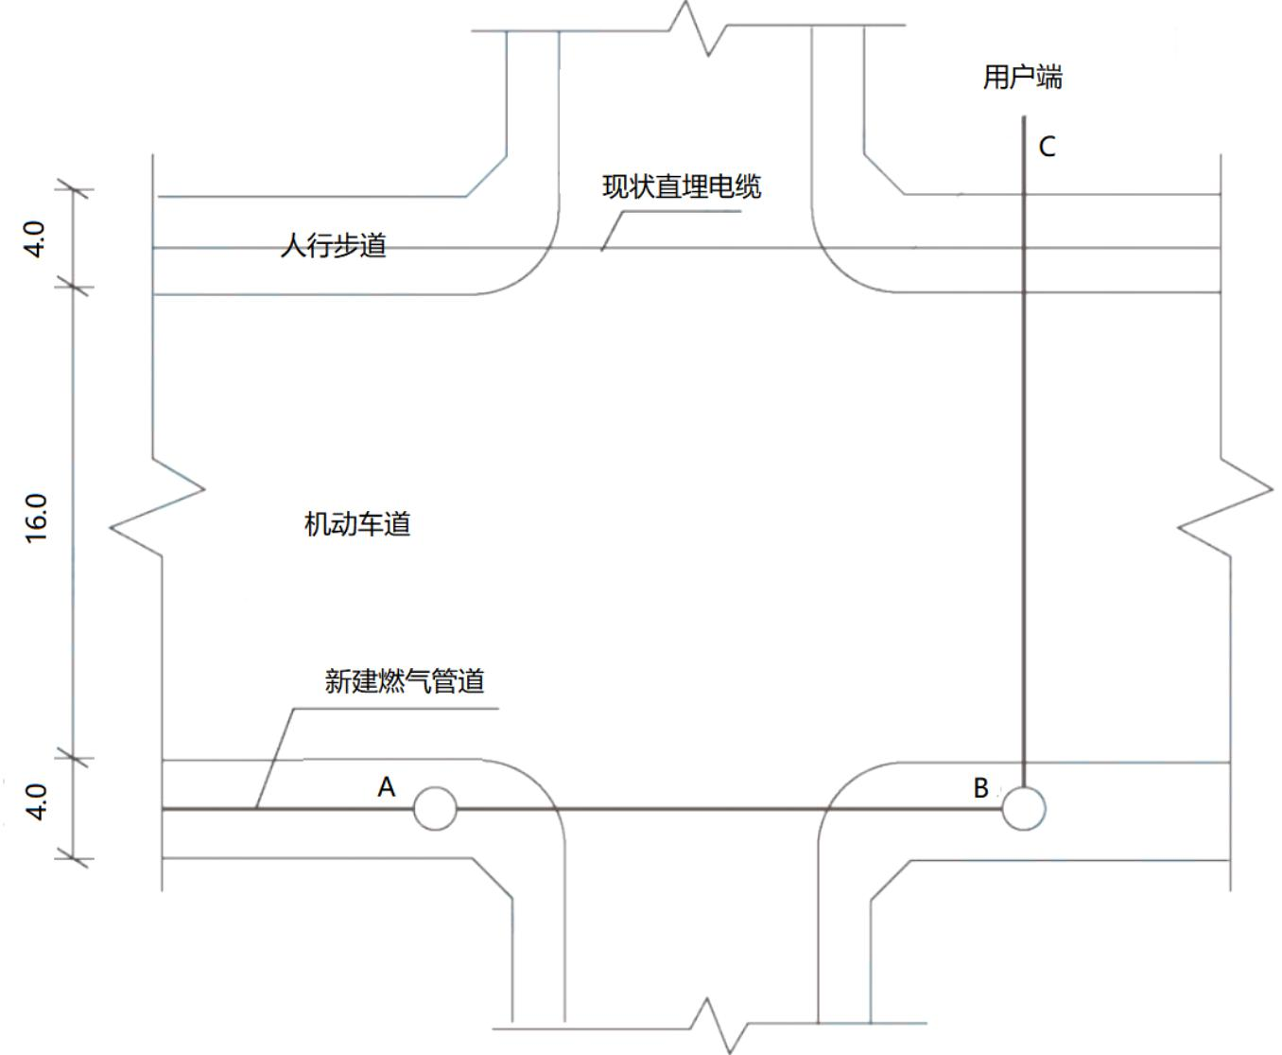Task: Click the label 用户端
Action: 1022,78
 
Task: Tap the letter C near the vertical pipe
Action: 1047,147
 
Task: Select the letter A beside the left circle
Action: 387,786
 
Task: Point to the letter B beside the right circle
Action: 981,788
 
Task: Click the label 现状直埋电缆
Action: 682,186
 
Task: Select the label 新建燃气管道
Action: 405,681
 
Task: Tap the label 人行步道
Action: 333,246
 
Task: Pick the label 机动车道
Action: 357,524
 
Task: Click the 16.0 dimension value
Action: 37,519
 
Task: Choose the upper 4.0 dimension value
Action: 35,239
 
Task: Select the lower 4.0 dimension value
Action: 37,802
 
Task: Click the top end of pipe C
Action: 1024,116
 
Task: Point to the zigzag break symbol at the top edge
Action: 698,28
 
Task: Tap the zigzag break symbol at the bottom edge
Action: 719,1026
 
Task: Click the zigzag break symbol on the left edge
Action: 157,507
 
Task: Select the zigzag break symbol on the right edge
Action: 1225,507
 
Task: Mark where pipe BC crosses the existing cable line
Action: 1024,248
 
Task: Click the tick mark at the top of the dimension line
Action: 74,190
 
